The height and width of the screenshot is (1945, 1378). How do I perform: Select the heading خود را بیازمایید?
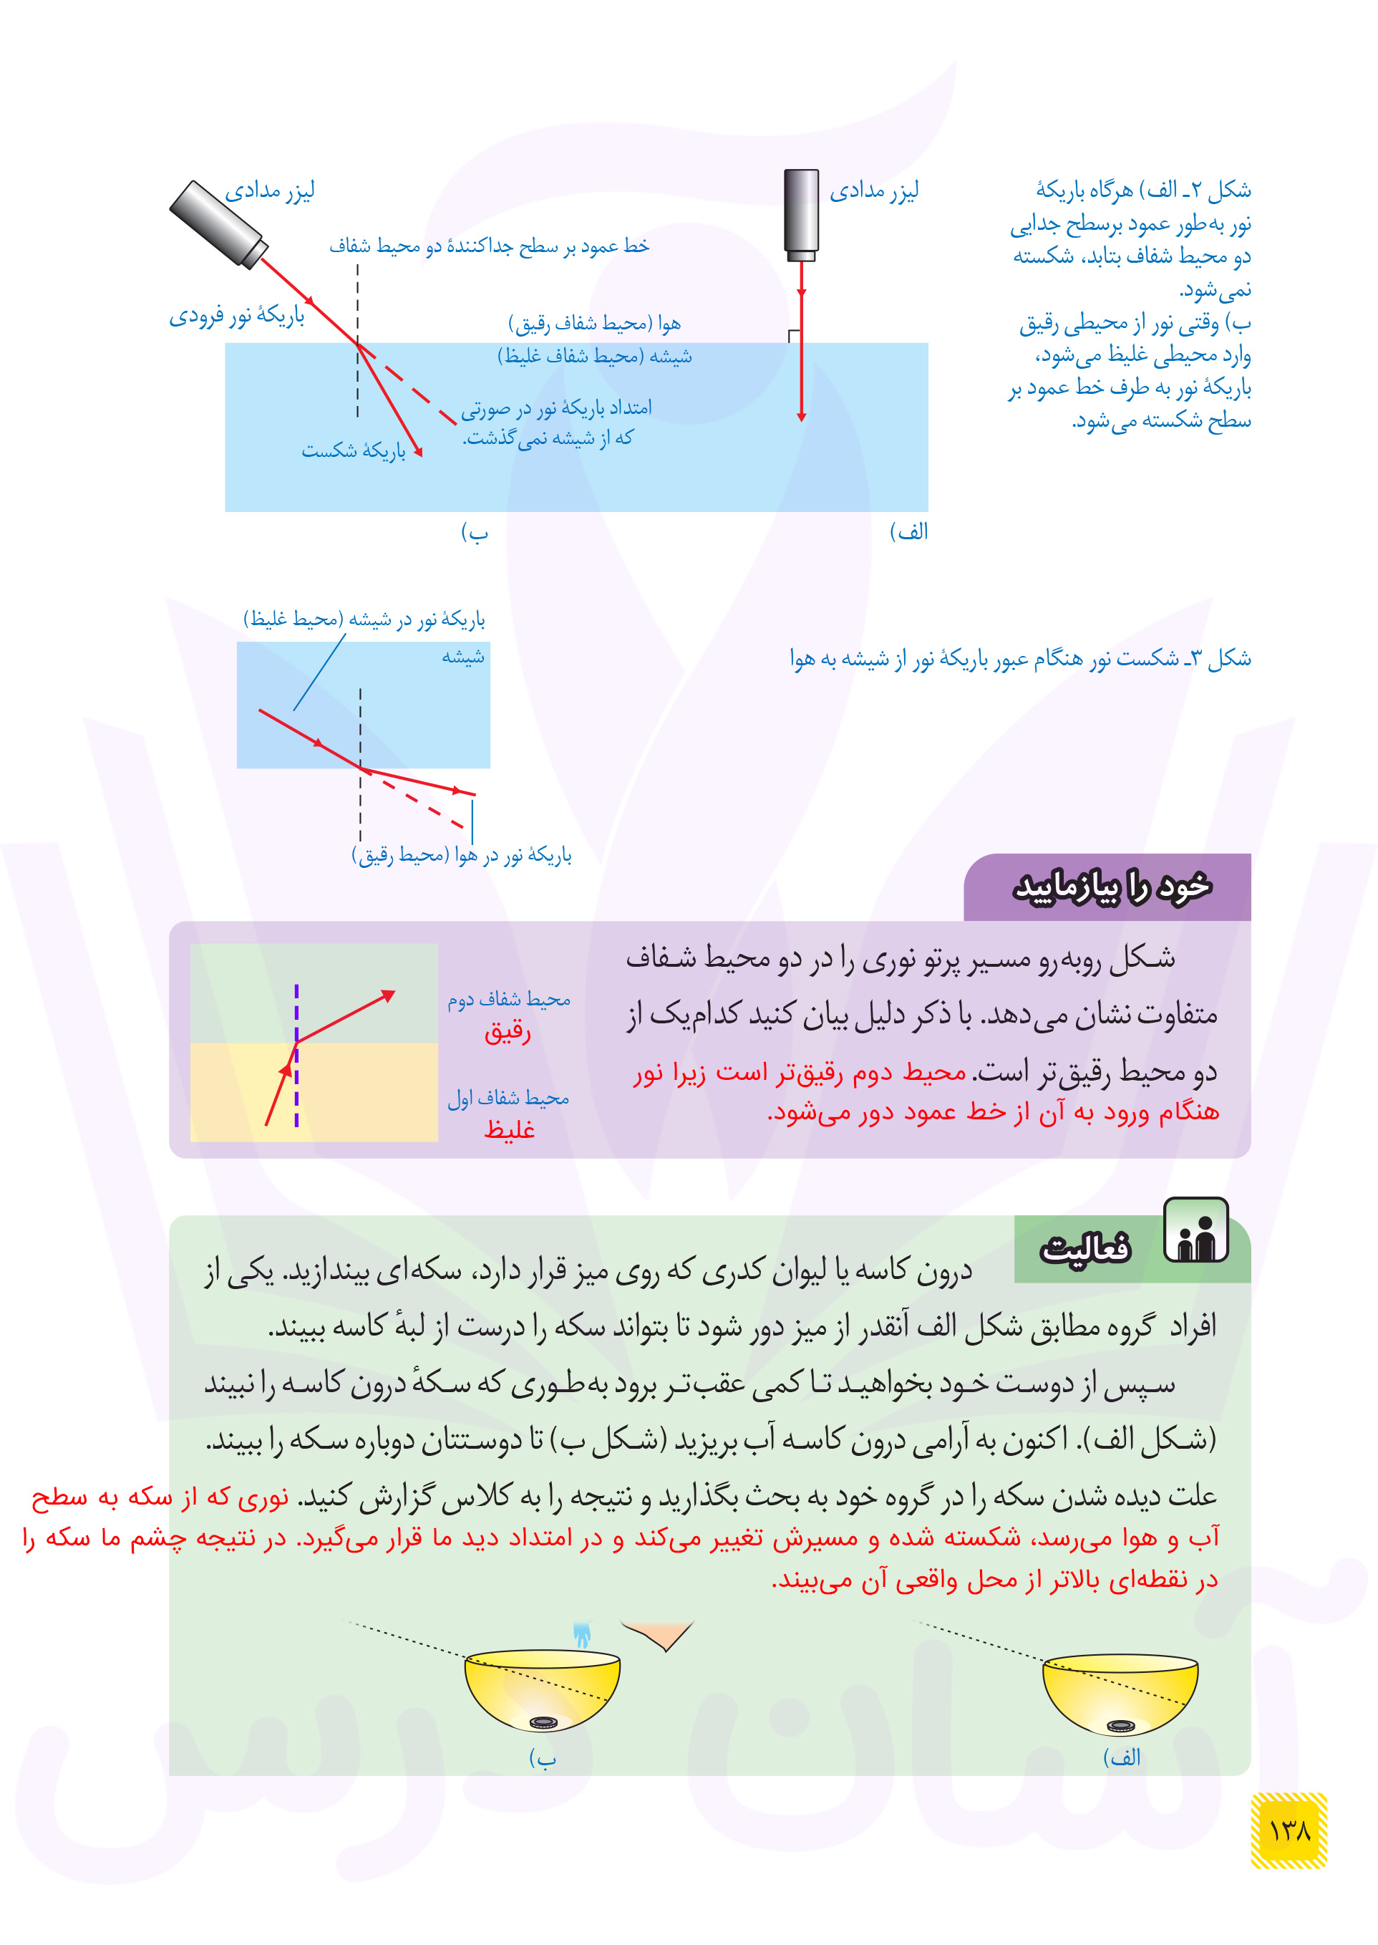1112,887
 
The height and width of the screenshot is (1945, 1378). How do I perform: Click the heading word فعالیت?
1086,1248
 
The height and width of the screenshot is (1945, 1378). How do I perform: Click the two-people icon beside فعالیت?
1195,1230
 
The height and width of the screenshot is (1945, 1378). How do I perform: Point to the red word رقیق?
508,1031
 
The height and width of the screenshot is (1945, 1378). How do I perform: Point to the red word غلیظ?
509,1129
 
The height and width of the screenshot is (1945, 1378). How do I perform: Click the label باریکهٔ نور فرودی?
237,317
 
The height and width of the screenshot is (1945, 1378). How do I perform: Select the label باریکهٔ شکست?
354,450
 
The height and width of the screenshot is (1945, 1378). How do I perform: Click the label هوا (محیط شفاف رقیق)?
594,323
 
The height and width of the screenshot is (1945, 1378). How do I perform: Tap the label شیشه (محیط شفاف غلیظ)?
594,357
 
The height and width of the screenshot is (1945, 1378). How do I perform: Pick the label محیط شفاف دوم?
509,1000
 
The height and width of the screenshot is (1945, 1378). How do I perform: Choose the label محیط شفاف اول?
508,1098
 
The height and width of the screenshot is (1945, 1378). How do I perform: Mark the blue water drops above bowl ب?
582,1634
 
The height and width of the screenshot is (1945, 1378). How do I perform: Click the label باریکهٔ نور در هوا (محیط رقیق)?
462,855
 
